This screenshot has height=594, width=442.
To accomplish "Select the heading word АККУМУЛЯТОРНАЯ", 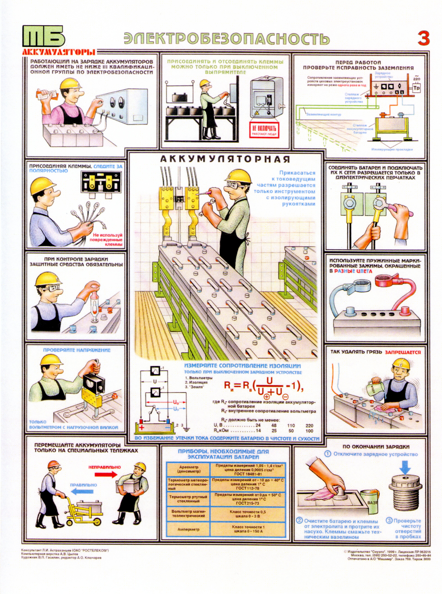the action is coord(225,159).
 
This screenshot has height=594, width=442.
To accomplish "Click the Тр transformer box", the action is coord(416,88).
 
